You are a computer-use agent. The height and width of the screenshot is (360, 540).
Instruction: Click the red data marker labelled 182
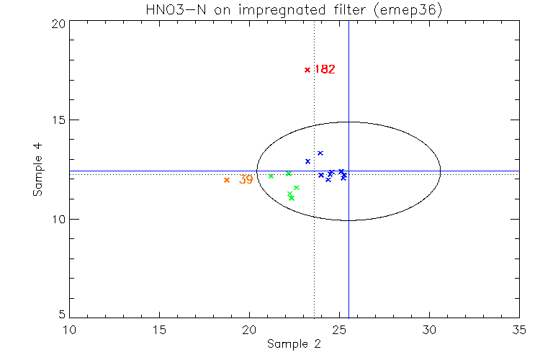click(307, 70)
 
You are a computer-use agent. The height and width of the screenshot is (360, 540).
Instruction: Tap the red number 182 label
click(324, 70)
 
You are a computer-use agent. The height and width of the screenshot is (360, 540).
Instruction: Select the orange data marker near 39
click(227, 180)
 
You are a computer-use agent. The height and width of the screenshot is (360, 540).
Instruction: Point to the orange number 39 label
click(246, 180)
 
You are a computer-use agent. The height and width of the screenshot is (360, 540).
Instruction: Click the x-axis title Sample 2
click(294, 344)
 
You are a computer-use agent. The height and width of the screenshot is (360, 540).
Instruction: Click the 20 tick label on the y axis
click(59, 23)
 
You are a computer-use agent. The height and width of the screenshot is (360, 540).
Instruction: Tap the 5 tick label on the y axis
click(63, 315)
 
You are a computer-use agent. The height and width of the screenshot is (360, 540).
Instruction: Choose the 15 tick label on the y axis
click(59, 120)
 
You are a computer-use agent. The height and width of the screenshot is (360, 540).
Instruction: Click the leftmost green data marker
click(271, 176)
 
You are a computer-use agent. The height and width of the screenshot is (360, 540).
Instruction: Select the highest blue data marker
click(320, 153)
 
